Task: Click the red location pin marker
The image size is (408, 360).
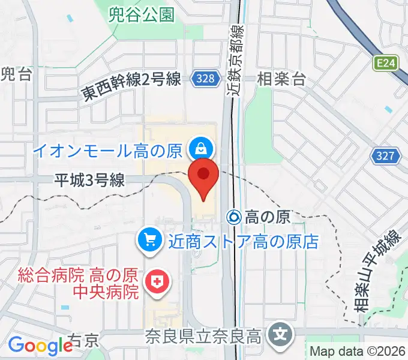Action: (203, 176)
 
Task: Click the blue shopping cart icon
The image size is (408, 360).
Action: (148, 242)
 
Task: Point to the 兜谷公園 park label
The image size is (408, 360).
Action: (142, 14)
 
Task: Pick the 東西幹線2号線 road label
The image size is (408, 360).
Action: (131, 86)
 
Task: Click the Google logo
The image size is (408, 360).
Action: (40, 346)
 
